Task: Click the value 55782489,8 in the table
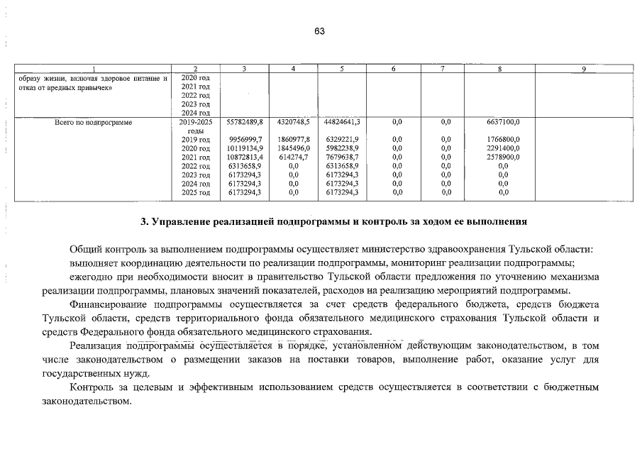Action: click(244, 122)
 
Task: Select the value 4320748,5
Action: click(293, 122)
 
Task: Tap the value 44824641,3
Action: click(342, 122)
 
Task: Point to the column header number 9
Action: click(582, 69)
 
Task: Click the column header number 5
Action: click(342, 69)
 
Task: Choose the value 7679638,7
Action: click(342, 157)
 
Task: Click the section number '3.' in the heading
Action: click(145, 221)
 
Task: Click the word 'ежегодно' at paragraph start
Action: click(90, 278)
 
